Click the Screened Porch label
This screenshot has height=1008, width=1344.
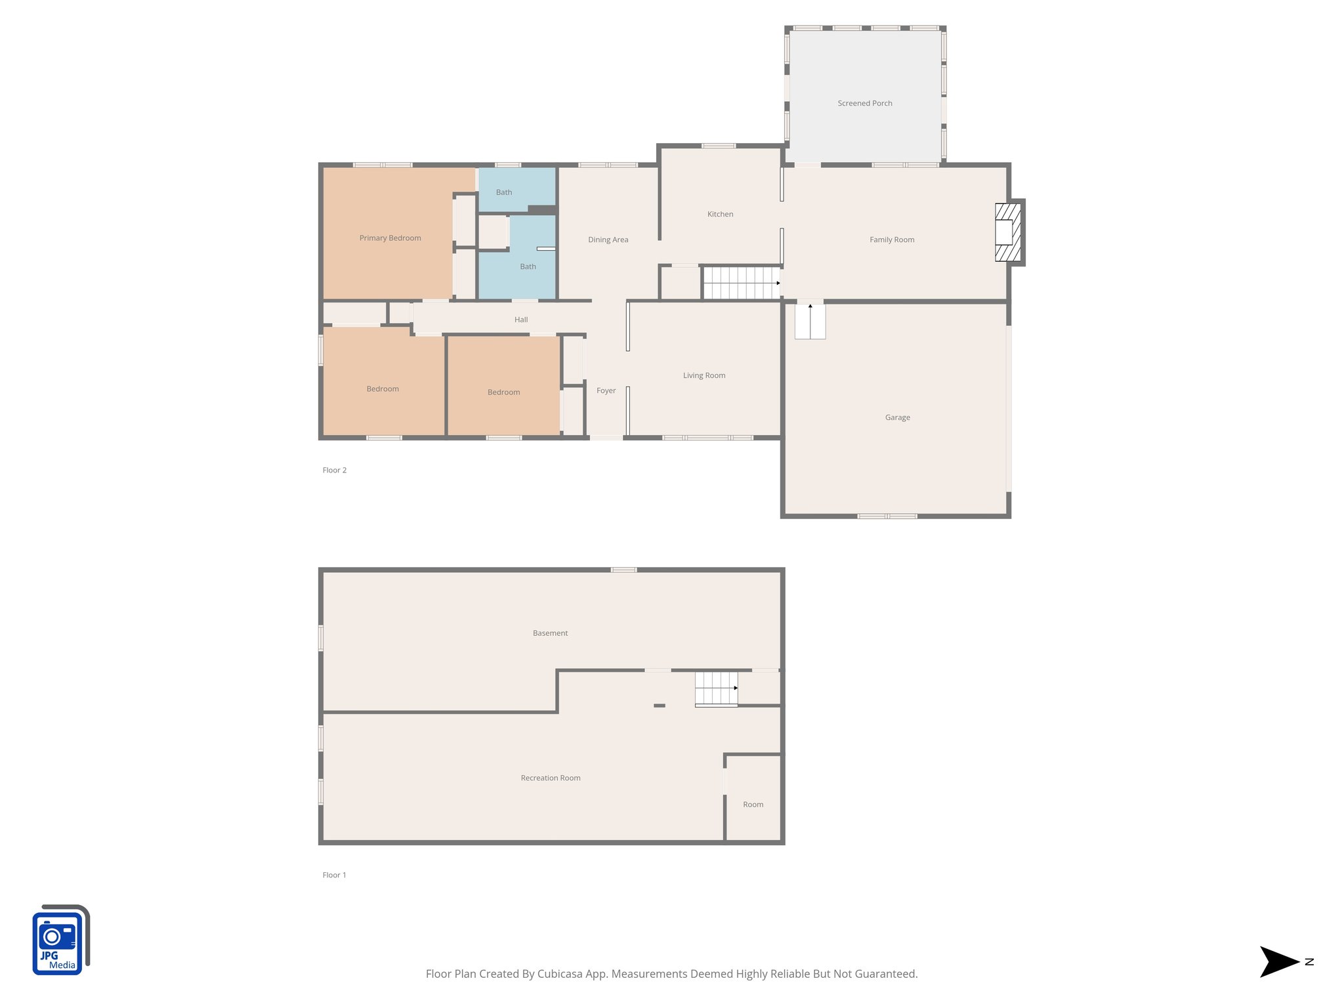coord(864,103)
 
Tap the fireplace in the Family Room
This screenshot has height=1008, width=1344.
coord(1007,232)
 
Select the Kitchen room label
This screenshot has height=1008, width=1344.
coord(720,214)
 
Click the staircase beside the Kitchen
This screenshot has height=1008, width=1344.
coord(741,283)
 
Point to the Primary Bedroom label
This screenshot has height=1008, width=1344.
coord(390,238)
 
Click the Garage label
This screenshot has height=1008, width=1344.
coord(897,417)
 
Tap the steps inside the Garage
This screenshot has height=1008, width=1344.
coord(810,322)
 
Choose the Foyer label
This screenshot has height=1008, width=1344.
coord(606,390)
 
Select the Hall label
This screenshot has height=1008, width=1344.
coord(521,320)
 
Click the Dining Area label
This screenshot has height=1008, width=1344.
coord(608,240)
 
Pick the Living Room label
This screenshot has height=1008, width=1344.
coord(703,375)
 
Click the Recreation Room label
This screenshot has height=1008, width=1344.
coord(550,778)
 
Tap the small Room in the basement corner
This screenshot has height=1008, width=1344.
coord(753,805)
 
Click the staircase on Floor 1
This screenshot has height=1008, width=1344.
coord(716,688)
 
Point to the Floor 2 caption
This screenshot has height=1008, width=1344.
coord(334,470)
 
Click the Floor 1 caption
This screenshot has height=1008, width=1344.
coord(334,875)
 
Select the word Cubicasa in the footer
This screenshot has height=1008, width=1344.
coord(560,974)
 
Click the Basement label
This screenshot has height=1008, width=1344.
coord(550,633)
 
